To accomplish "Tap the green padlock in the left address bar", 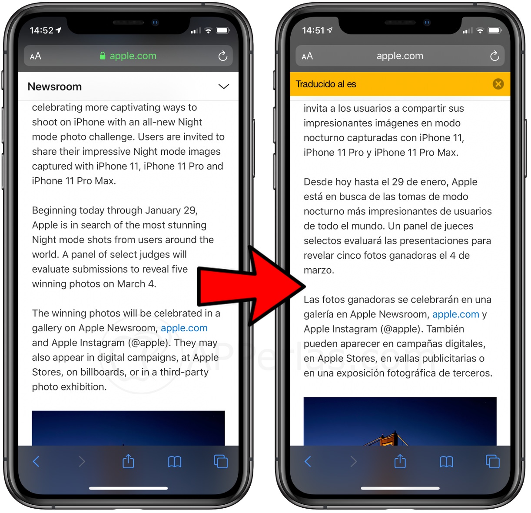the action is point(102,56).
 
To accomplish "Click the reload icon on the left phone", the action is point(222,56).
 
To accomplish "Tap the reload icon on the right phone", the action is point(494,56).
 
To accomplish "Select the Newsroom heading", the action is point(55,87).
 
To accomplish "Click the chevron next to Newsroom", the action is point(223,87).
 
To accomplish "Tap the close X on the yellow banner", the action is point(498,84).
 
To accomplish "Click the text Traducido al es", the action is point(326,84).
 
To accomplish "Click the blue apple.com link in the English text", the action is point(184,328).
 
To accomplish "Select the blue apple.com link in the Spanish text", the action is point(456,314).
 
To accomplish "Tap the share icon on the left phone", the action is point(128,461).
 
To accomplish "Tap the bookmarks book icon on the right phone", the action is point(446,462).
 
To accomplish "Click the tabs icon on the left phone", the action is point(221,461).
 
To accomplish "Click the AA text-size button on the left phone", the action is point(36,56).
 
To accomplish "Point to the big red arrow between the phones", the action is point(251,286).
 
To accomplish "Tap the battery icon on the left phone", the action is point(223,30).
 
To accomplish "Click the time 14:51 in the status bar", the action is point(313,30).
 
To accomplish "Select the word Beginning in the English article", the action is point(54,210).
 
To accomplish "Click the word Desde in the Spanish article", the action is point(318,182).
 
